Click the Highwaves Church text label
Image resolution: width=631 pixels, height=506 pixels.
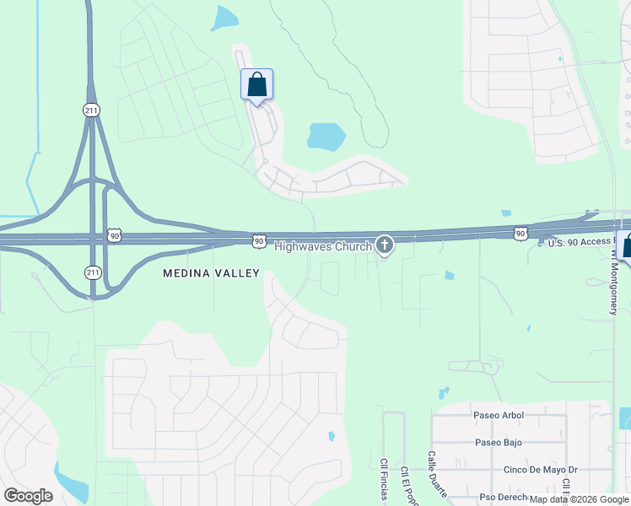323,246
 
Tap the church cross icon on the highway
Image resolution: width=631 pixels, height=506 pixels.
385,245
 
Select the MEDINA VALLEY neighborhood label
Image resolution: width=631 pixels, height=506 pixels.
211,273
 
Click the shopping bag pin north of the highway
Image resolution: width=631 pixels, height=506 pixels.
256,86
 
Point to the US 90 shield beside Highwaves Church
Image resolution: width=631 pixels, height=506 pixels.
259,242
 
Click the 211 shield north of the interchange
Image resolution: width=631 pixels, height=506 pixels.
91,110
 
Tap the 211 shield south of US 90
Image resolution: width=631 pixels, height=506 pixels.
92,272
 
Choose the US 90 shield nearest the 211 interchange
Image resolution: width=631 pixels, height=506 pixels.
115,236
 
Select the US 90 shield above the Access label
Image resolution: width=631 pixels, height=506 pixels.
520,233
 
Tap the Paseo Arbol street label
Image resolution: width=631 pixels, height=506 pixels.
499,415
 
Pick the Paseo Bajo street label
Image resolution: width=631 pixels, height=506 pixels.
498,442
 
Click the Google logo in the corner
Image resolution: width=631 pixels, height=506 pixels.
28,495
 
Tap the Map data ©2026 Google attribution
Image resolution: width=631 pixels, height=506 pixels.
580,499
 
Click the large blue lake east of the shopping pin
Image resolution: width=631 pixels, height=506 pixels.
326,135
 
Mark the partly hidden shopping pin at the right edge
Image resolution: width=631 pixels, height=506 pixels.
625,245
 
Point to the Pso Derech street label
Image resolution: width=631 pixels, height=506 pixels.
504,498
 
